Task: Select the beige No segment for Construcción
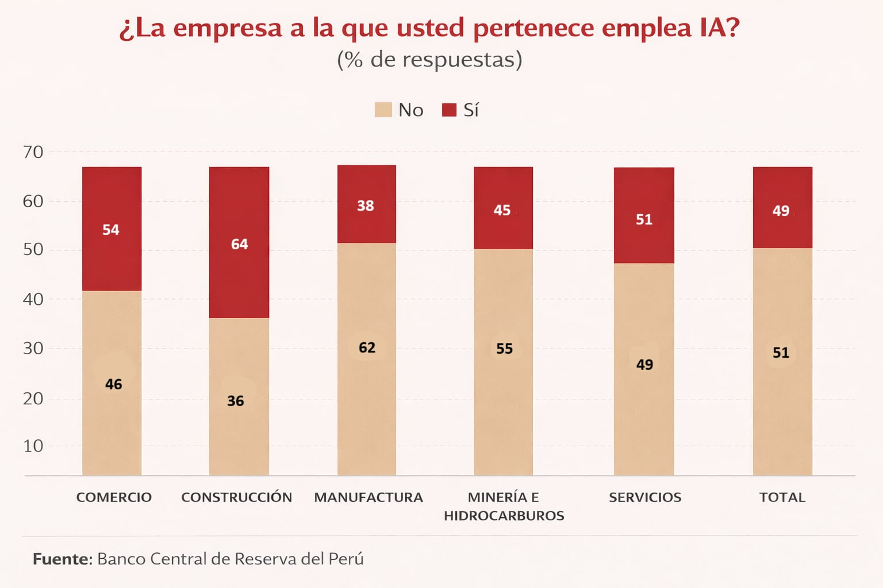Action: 239,396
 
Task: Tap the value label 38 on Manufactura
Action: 365,206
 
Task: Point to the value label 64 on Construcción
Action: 239,244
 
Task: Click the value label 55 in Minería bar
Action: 504,349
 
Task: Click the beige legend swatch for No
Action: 383,110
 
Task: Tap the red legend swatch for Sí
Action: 449,110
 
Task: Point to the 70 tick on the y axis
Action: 33,152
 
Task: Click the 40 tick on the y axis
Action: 33,299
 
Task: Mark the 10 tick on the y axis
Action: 33,446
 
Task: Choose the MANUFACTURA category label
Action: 368,497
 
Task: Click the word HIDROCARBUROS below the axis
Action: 504,516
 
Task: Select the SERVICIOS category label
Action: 644,497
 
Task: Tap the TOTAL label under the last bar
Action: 782,497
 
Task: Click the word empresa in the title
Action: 228,28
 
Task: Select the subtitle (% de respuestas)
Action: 429,59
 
